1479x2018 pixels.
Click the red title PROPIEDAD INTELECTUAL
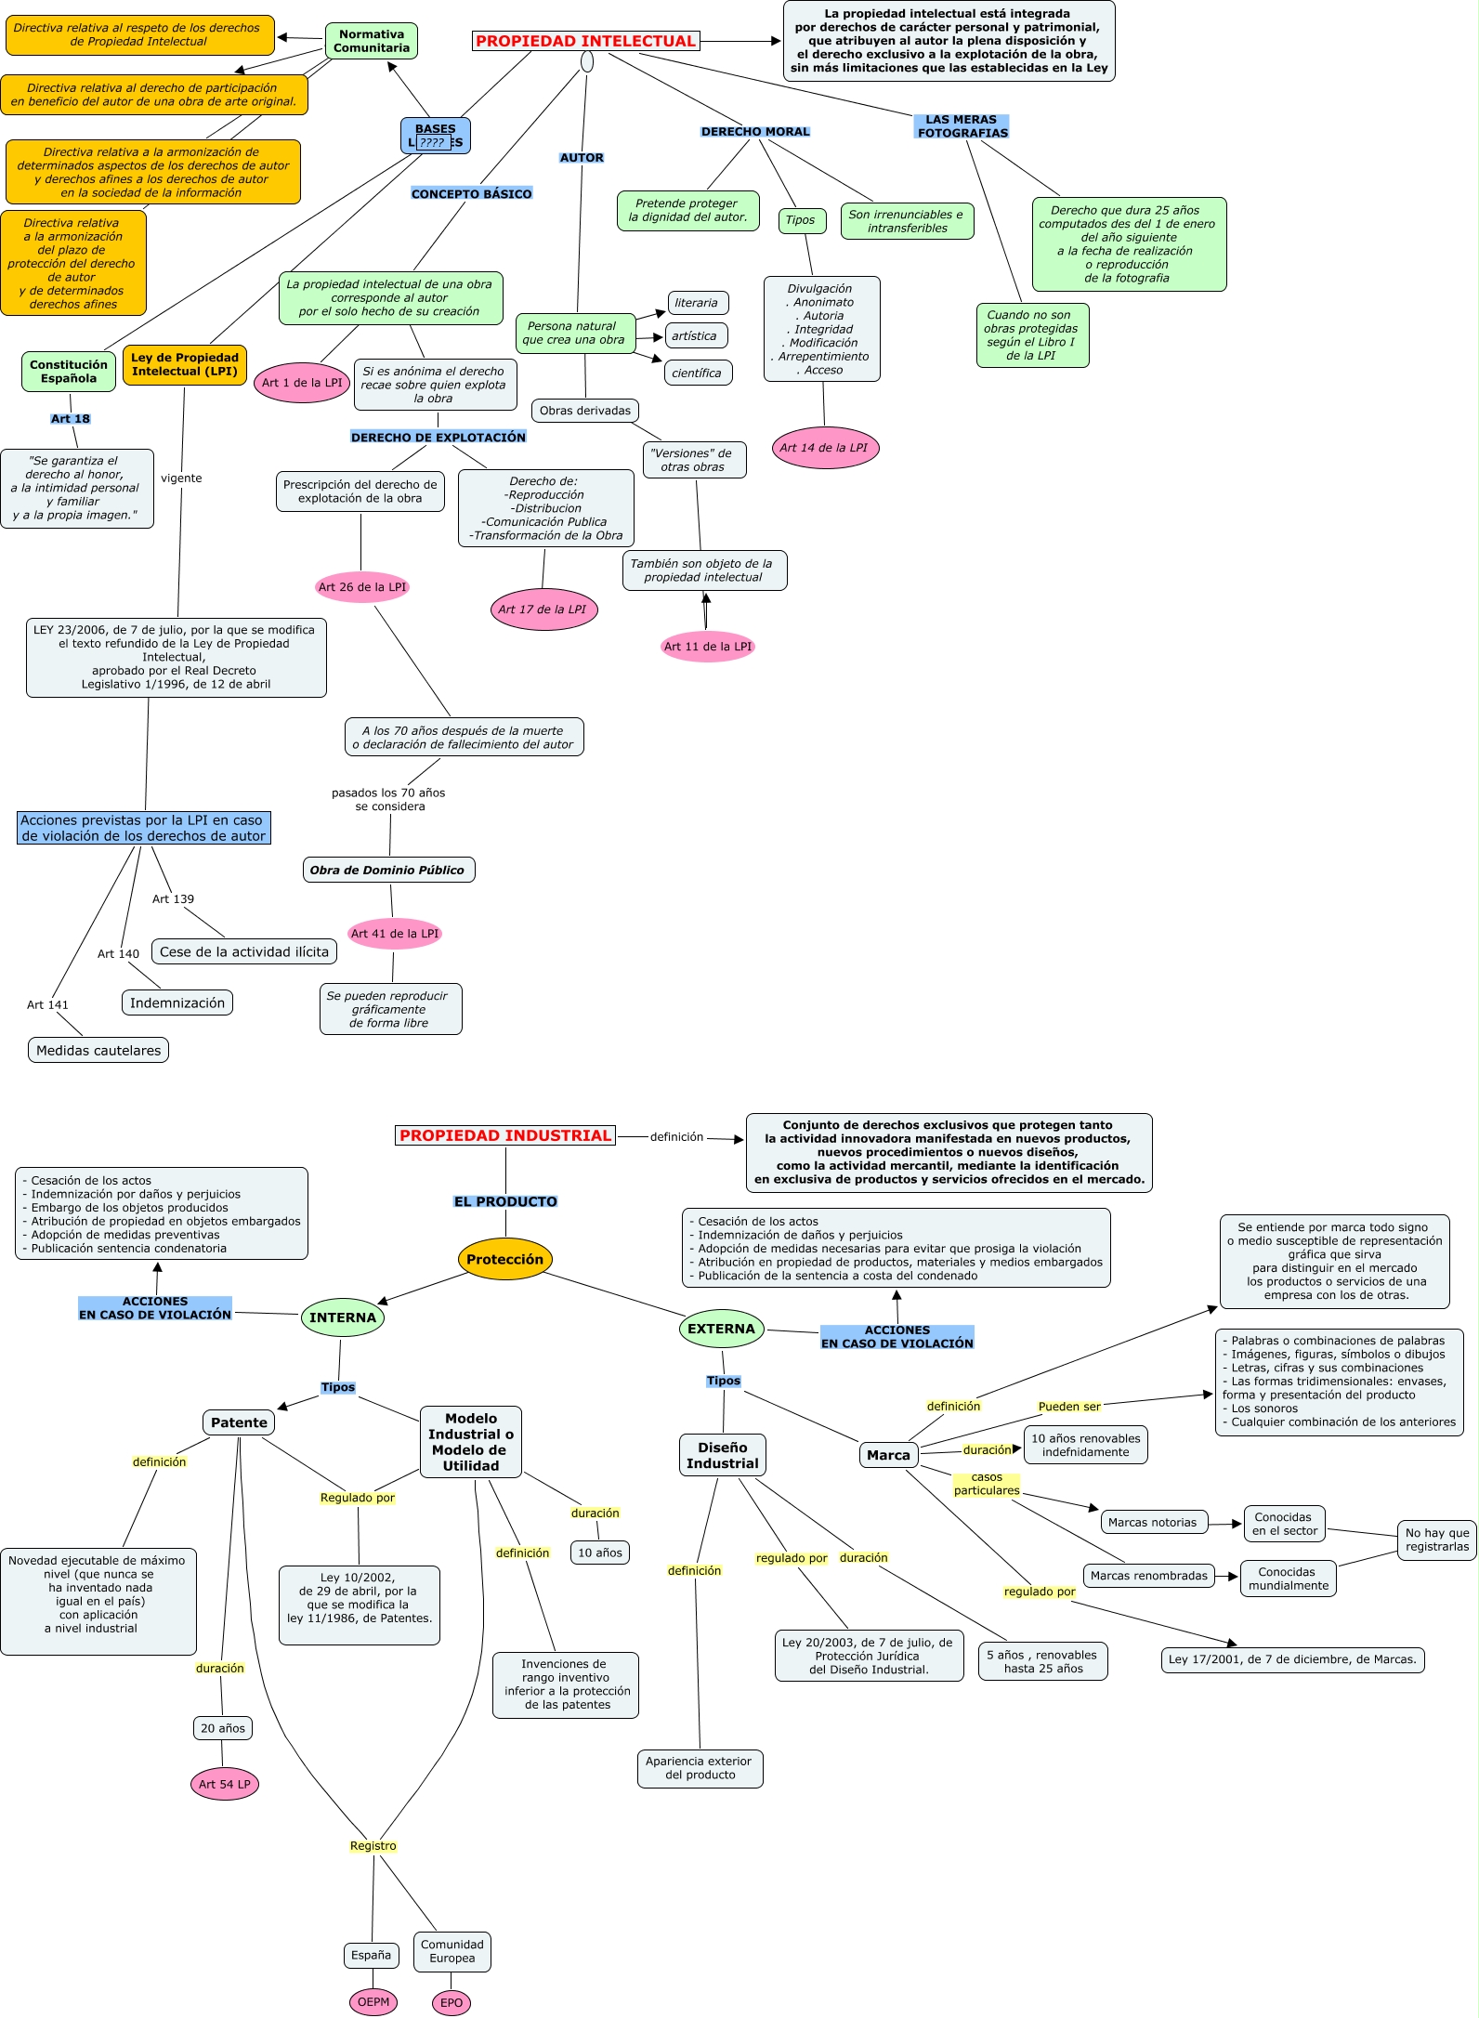click(x=585, y=41)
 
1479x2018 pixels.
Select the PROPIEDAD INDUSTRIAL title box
click(x=505, y=1135)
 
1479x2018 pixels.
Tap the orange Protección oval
click(x=505, y=1259)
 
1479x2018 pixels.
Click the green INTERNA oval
click(x=343, y=1317)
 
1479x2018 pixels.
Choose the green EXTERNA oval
click(x=722, y=1329)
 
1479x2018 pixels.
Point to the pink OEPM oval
click(x=373, y=2002)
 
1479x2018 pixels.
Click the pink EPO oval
click(x=452, y=2003)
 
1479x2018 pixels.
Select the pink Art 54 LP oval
click(x=225, y=1784)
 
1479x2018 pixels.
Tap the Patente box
click(x=239, y=1422)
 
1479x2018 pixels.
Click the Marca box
click(x=889, y=1455)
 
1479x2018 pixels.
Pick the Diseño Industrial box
click(x=723, y=1455)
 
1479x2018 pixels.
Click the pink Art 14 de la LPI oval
click(x=825, y=448)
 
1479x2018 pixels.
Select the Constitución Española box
click(x=69, y=372)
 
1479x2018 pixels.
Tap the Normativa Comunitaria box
click(x=372, y=41)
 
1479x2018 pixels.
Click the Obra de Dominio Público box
click(x=388, y=870)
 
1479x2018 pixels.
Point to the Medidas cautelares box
click(x=98, y=1050)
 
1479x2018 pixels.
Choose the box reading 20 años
click(x=223, y=1728)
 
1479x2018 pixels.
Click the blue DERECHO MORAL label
click(x=755, y=132)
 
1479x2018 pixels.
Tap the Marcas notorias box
click(x=1153, y=1522)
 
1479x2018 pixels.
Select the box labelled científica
click(x=698, y=373)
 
